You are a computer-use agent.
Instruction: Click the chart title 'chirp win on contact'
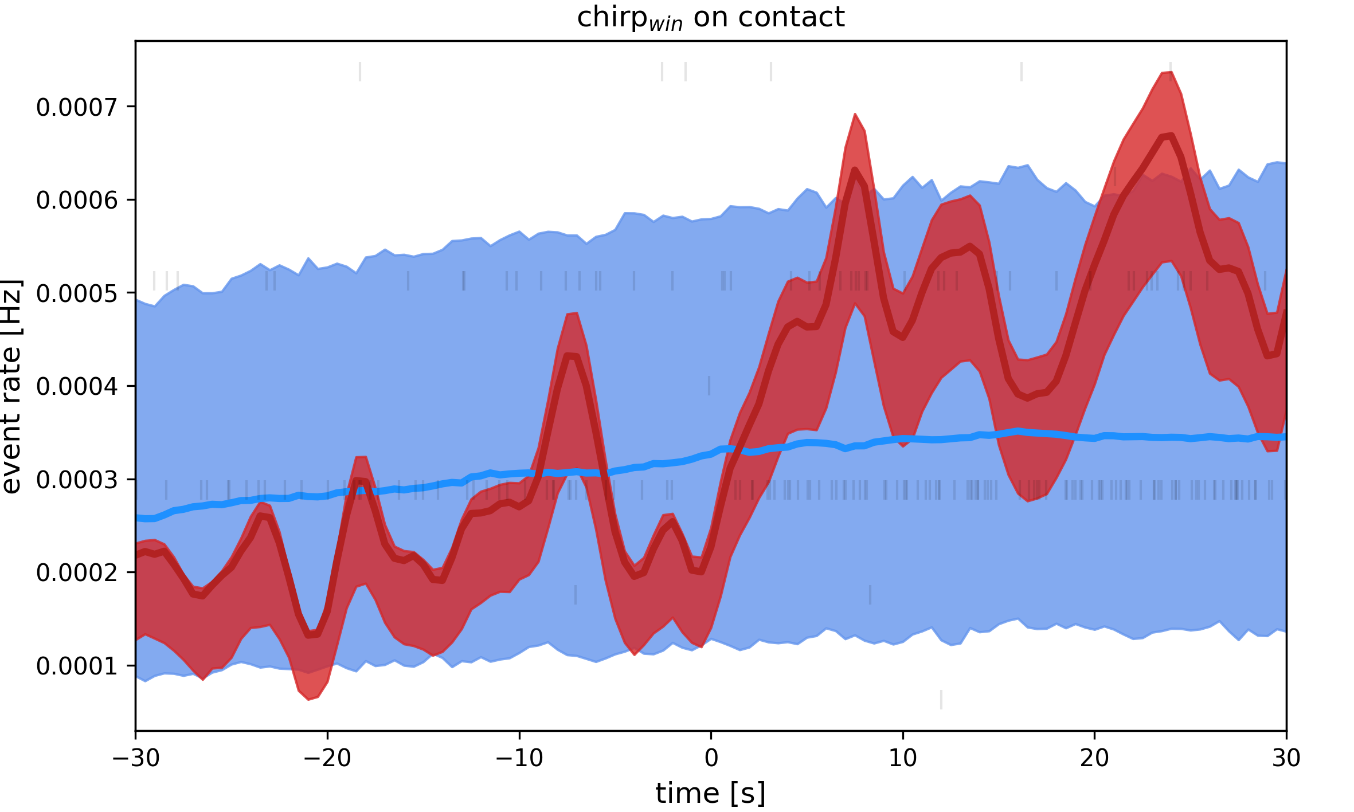710,18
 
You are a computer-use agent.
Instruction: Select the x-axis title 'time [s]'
710,794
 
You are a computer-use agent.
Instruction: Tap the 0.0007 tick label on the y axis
77,107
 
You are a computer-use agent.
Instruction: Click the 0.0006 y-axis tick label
77,201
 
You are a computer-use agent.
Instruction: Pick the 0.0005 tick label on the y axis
77,293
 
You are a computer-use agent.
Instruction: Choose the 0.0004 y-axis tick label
77,387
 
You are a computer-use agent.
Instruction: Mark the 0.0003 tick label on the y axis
77,480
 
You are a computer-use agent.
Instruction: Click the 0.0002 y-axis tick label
77,572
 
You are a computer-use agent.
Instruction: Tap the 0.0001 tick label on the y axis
77,666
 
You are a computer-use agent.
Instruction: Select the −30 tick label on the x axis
136,759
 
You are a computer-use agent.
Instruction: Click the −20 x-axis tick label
327,759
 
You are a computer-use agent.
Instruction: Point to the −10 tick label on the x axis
519,759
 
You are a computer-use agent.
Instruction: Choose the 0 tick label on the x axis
711,759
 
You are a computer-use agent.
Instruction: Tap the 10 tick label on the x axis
903,759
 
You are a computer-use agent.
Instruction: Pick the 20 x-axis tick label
1094,759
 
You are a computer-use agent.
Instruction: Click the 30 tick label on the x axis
1286,759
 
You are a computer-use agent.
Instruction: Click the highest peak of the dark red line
1171,135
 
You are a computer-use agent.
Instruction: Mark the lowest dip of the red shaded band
308,699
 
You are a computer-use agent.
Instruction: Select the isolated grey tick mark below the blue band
941,700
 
